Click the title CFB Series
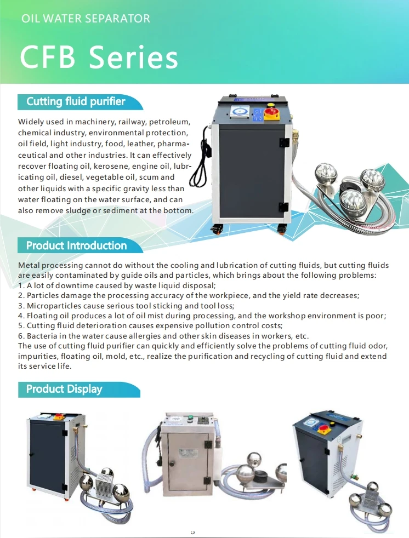point(99,58)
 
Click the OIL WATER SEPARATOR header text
point(86,19)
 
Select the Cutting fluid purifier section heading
point(76,101)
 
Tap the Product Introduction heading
point(76,245)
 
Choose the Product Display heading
point(64,389)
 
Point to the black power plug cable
point(201,159)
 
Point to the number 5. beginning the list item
point(21,326)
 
